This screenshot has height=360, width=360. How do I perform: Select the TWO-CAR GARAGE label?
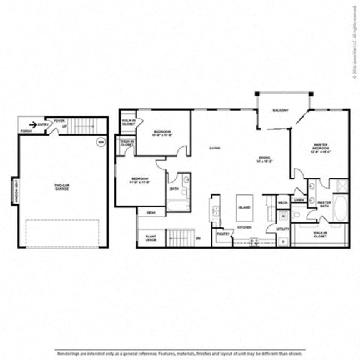(x=61, y=186)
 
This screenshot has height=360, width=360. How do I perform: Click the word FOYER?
(x=59, y=121)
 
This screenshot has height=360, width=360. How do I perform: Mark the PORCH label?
(x=26, y=131)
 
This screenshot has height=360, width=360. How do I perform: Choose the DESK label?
(x=151, y=212)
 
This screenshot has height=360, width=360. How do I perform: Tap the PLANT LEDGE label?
(x=151, y=237)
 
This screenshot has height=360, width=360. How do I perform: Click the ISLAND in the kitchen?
(x=244, y=206)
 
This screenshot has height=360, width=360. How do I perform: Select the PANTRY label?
(x=222, y=234)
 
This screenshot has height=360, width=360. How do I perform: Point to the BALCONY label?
(x=281, y=111)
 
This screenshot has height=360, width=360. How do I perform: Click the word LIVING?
(x=214, y=148)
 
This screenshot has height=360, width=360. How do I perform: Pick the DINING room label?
(x=264, y=158)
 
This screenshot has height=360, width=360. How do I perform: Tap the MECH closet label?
(x=282, y=202)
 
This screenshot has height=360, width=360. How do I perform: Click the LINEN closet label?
(x=299, y=200)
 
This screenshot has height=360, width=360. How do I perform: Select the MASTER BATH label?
(x=324, y=204)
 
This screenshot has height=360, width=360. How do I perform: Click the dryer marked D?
(x=282, y=241)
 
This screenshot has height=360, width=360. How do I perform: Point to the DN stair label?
(x=198, y=238)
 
